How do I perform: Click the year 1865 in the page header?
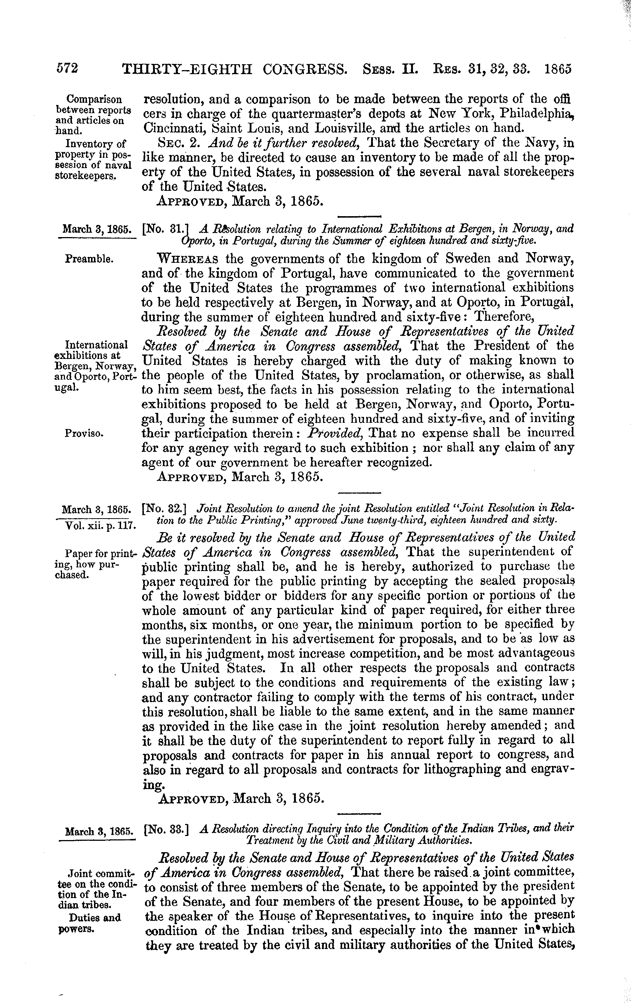(558, 69)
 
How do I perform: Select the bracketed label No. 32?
(164, 509)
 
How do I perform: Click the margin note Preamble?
(89, 259)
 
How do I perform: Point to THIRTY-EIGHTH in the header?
(188, 69)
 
